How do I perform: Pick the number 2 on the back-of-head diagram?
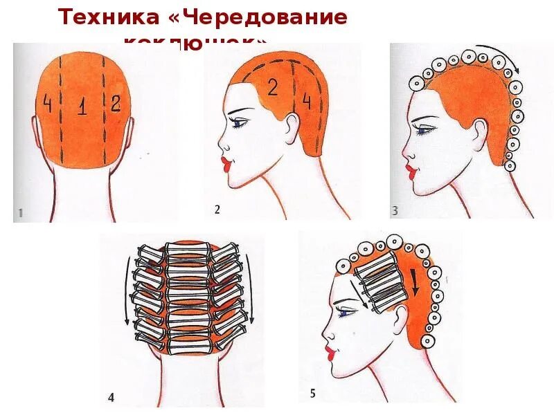pyautogui.click(x=115, y=103)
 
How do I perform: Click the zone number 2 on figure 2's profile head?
pyautogui.click(x=272, y=88)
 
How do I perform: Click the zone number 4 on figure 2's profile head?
pyautogui.click(x=307, y=102)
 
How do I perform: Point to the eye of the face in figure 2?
pyautogui.click(x=240, y=124)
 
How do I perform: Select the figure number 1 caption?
pyautogui.click(x=20, y=214)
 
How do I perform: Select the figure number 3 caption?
pyautogui.click(x=395, y=211)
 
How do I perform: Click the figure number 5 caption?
pyautogui.click(x=312, y=394)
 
